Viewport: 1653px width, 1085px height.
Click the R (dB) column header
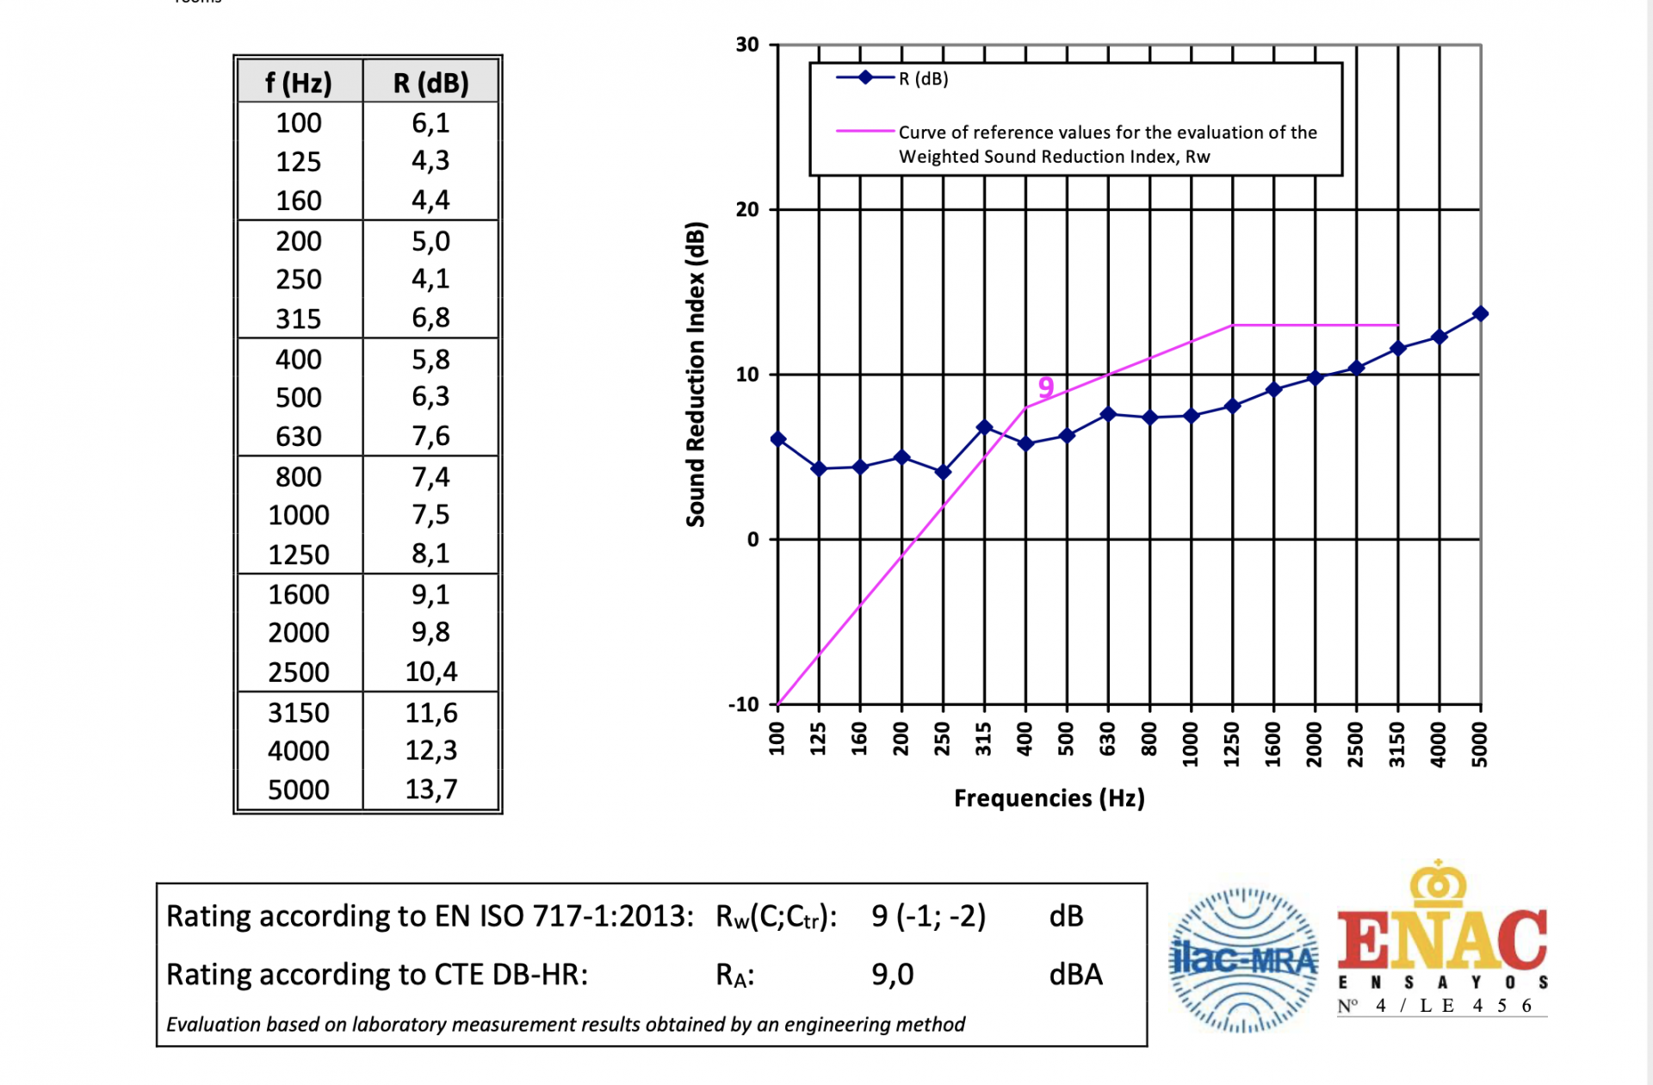[430, 83]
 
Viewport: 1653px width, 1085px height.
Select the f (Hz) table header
[298, 83]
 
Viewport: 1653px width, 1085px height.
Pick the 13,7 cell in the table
[430, 789]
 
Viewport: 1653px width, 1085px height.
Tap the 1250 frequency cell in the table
[298, 555]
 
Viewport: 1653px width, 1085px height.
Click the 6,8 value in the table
[430, 318]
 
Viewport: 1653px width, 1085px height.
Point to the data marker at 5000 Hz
[1480, 313]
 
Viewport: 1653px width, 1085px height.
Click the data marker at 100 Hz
[777, 439]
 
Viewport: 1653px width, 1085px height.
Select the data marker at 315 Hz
[984, 427]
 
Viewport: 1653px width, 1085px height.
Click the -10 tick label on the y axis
[744, 704]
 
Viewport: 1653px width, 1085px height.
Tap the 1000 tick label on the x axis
[1191, 740]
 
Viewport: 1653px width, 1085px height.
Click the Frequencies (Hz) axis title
[1049, 798]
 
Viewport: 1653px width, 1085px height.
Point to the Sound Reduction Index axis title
[696, 375]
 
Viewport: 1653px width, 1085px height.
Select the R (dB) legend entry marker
[865, 77]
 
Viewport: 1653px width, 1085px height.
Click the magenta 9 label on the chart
[1045, 387]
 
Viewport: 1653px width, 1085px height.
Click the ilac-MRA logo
[1242, 959]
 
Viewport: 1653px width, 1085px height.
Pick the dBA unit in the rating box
[1075, 974]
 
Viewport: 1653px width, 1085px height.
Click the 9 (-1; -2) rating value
[928, 915]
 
